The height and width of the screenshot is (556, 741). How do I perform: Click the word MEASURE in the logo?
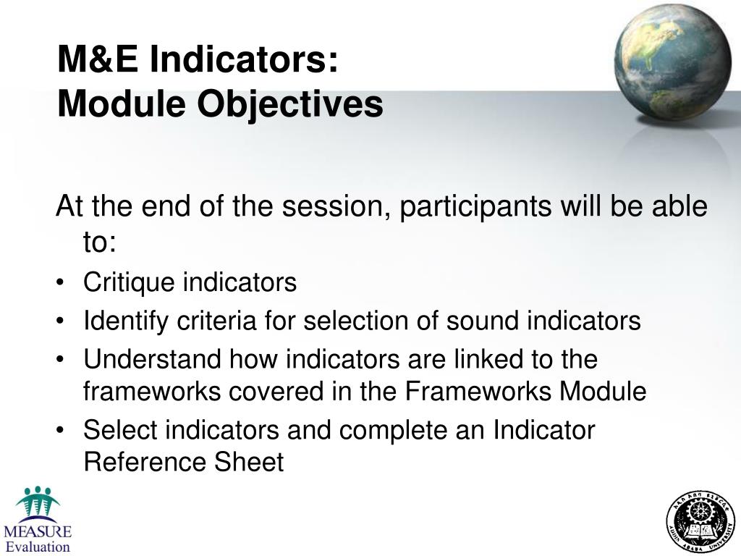click(37, 532)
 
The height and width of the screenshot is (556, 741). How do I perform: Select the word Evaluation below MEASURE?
click(38, 547)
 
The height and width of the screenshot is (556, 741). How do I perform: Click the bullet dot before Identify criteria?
click(63, 321)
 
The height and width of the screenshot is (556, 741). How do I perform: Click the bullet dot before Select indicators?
click(63, 431)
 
